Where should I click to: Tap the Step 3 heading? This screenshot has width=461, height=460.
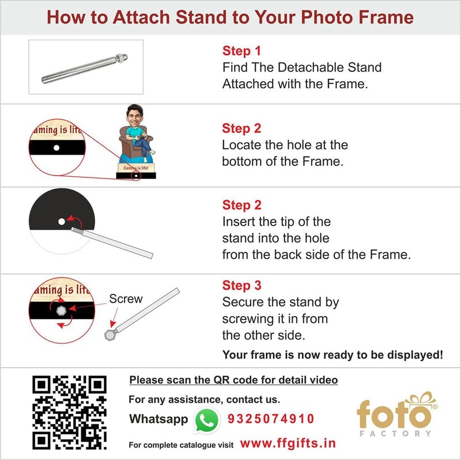(x=241, y=286)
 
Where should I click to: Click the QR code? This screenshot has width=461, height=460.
(x=69, y=412)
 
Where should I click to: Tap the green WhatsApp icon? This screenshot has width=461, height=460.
(x=207, y=420)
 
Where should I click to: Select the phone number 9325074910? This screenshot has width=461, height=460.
(x=271, y=419)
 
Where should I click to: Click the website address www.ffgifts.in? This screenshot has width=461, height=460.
(x=288, y=443)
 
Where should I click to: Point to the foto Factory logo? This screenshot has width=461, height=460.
(x=394, y=415)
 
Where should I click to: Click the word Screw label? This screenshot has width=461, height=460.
(x=126, y=299)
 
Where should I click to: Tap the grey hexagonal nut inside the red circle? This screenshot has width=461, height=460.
(x=61, y=310)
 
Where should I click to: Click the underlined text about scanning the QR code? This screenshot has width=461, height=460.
(x=233, y=380)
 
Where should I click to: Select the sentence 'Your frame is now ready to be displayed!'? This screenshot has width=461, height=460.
(x=332, y=355)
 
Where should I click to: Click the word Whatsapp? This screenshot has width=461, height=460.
(x=158, y=419)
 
